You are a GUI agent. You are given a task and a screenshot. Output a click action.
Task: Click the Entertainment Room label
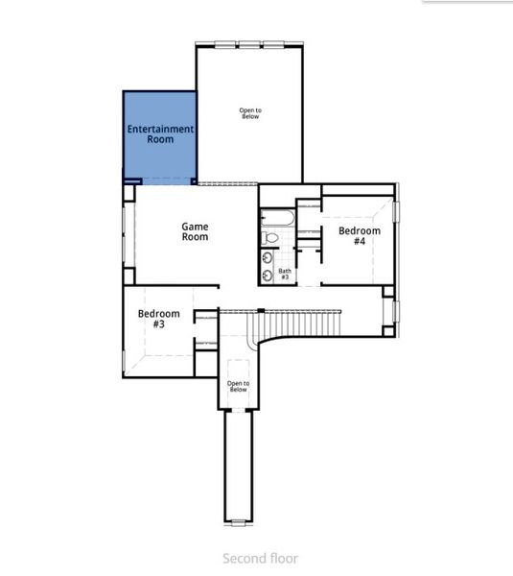click(160, 133)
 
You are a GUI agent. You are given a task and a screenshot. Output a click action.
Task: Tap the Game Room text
click(196, 232)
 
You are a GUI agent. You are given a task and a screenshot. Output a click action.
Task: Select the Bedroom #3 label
click(158, 319)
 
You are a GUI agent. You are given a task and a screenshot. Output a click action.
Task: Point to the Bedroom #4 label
click(359, 236)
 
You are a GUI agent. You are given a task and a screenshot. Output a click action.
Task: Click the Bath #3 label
click(285, 275)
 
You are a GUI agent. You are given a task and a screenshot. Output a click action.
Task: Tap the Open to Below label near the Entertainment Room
click(250, 113)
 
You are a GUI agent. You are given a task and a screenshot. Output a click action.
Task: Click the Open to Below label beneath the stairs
click(238, 386)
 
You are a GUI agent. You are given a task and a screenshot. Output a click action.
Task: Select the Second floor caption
click(260, 558)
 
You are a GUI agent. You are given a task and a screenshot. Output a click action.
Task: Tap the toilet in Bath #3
click(270, 237)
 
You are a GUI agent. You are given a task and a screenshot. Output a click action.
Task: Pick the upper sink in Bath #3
click(268, 257)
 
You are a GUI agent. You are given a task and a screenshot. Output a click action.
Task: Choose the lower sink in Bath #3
click(268, 276)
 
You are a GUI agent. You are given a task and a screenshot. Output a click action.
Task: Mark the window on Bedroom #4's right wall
click(397, 223)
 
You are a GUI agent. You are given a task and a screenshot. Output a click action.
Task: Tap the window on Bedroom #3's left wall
click(124, 360)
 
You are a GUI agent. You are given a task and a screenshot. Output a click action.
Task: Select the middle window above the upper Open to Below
click(249, 43)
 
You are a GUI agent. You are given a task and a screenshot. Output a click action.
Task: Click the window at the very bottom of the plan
click(238, 521)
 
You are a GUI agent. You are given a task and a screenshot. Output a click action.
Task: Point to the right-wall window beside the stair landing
click(396, 312)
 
